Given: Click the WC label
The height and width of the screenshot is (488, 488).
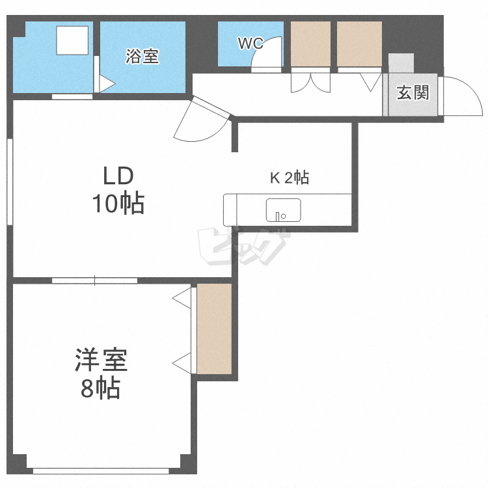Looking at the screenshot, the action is (x=251, y=43).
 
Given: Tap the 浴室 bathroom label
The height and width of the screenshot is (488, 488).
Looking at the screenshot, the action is (x=142, y=56).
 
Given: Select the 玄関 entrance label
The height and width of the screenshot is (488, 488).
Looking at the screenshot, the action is (x=413, y=92).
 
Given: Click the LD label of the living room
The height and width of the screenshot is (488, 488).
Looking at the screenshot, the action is (x=118, y=176).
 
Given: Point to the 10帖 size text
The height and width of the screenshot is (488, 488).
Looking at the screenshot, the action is (x=118, y=203).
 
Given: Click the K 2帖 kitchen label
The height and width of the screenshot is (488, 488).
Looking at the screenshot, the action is (x=290, y=178).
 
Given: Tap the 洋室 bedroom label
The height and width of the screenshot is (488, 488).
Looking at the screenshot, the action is (x=101, y=359).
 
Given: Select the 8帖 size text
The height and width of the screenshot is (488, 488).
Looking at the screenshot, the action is (x=100, y=388).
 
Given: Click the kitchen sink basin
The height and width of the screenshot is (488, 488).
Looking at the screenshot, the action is (x=283, y=210).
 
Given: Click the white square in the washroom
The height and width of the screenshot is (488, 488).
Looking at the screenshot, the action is (x=72, y=40).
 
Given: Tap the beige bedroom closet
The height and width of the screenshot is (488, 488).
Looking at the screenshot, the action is (x=215, y=329).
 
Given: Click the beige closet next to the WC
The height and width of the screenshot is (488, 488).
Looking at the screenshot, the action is (x=310, y=44).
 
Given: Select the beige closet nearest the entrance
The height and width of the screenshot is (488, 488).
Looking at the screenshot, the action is (x=359, y=44).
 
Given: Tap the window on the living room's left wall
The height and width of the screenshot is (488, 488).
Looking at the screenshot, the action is (x=10, y=182).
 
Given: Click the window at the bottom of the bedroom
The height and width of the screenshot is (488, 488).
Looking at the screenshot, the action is (x=101, y=470).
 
